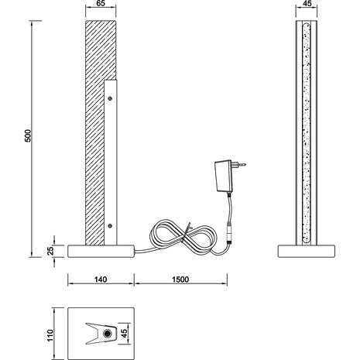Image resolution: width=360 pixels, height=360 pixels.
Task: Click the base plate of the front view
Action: [x=102, y=250]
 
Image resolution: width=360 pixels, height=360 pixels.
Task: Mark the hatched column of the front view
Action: [x=93, y=116]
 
